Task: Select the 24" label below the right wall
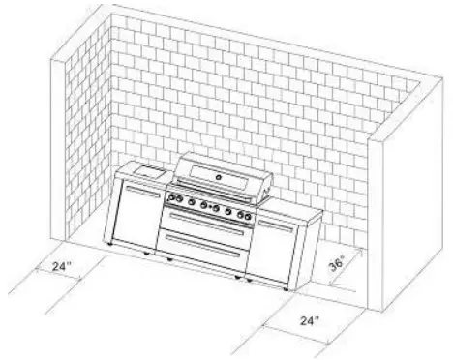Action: coord(310,318)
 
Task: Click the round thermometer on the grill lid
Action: coord(220,178)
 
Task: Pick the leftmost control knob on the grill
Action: coord(174,200)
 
